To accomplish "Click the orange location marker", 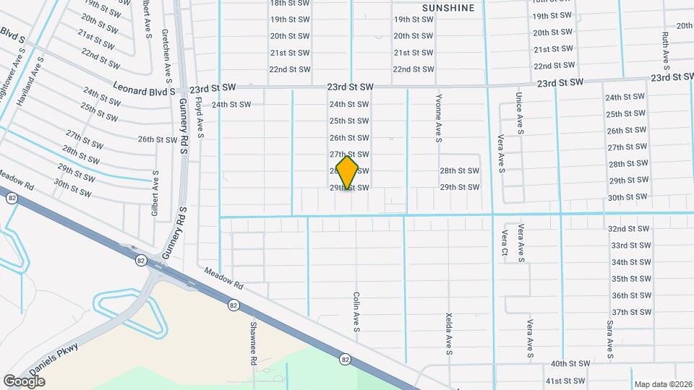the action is [x=348, y=173].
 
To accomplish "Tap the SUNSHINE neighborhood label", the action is [x=449, y=8].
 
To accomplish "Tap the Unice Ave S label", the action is [x=519, y=113].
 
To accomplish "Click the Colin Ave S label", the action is [x=356, y=313].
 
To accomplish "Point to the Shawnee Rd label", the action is [x=254, y=343].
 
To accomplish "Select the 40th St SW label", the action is [x=570, y=364].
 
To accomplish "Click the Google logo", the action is [x=24, y=381].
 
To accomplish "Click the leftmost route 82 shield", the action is [x=11, y=198].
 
